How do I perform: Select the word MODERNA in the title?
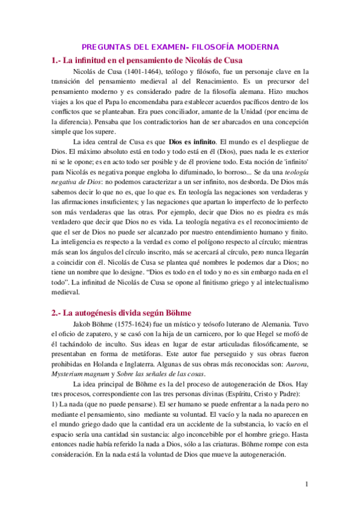tap(255, 46)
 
